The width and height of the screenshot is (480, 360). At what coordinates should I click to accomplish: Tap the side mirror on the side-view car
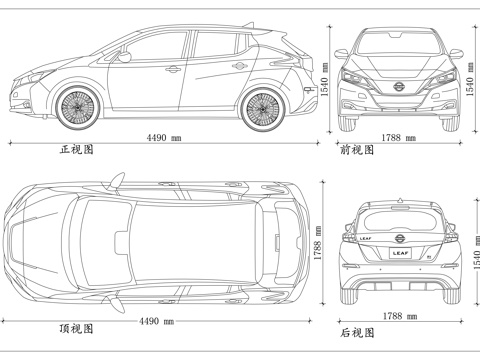pyautogui.click(x=124, y=57)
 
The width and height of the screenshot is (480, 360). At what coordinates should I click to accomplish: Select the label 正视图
pyautogui.click(x=76, y=149)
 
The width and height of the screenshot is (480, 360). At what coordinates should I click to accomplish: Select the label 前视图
pyautogui.click(x=357, y=149)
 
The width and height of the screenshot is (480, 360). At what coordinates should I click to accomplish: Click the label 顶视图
pyautogui.click(x=76, y=328)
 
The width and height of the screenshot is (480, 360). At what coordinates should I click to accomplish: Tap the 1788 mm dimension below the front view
pyautogui.click(x=399, y=137)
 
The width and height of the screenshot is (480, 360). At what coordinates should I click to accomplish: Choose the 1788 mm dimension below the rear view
pyautogui.click(x=399, y=316)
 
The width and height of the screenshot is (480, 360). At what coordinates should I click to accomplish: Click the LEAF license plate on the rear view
pyautogui.click(x=399, y=254)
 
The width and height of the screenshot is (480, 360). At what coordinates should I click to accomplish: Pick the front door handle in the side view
pyautogui.click(x=173, y=69)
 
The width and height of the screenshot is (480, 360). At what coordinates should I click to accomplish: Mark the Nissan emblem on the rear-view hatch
pyautogui.click(x=399, y=237)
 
